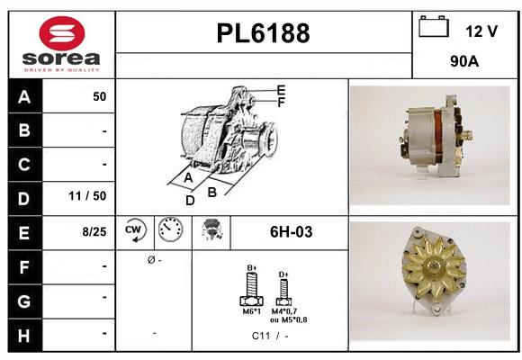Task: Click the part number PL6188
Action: (x=263, y=34)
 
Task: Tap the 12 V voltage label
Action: (x=481, y=31)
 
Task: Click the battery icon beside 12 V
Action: (x=434, y=28)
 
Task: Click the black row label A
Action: (x=23, y=96)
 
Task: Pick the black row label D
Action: (x=23, y=197)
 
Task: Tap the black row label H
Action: (x=23, y=334)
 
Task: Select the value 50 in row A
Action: (x=99, y=96)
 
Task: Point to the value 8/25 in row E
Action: (x=94, y=231)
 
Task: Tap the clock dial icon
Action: (x=169, y=231)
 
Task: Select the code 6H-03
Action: (x=291, y=232)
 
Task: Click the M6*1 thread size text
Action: (x=251, y=313)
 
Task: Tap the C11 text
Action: (x=262, y=337)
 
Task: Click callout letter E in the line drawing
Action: (x=281, y=90)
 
